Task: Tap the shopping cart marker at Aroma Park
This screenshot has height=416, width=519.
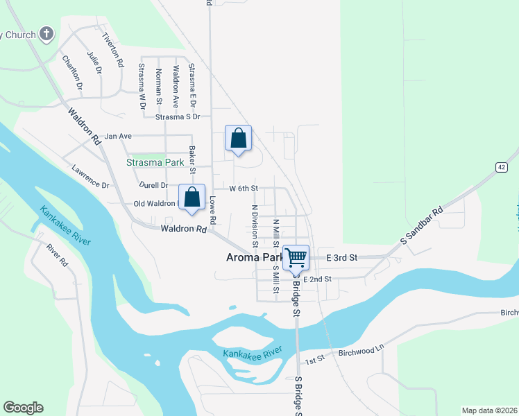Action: point(296,257)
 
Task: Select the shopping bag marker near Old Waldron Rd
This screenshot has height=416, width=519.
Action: point(192,198)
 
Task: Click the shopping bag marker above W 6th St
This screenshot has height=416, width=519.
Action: point(238,138)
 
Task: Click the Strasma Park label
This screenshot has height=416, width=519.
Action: point(155,162)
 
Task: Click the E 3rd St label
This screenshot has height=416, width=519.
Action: point(341,258)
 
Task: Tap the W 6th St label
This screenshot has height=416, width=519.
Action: point(244,188)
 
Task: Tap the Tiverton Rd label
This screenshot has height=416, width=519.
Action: point(112,49)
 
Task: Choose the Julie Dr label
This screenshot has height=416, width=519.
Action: point(94,62)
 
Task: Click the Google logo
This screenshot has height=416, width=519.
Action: point(23,408)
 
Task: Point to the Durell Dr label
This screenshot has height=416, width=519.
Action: point(153,185)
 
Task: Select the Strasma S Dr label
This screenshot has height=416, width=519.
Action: point(177,117)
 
